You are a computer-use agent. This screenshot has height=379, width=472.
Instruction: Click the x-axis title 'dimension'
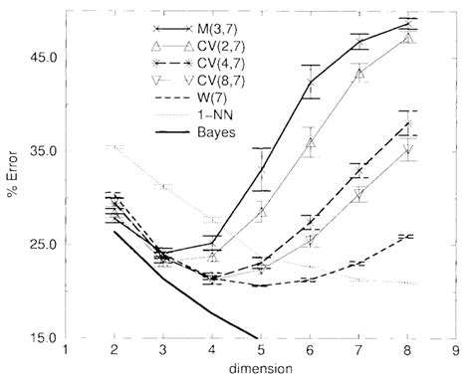coord(260,367)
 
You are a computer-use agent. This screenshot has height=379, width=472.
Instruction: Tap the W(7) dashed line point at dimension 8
coord(405,236)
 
